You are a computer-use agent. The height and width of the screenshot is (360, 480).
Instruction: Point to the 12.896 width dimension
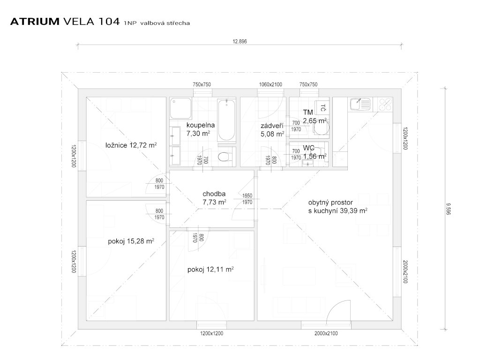(x=240, y=41)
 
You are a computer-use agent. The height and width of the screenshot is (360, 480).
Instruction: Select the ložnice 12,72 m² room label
(x=131, y=145)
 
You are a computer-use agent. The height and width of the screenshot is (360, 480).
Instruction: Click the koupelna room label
(x=200, y=125)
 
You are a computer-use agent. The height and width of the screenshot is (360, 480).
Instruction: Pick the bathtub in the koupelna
(x=227, y=120)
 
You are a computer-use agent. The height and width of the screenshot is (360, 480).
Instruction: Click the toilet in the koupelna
(x=225, y=157)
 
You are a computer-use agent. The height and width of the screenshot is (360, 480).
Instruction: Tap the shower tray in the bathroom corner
(x=181, y=108)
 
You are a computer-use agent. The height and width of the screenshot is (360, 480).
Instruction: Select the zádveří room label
(x=272, y=126)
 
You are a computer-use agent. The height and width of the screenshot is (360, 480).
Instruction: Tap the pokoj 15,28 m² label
(x=131, y=241)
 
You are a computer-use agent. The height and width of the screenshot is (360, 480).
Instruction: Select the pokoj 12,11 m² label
(x=210, y=270)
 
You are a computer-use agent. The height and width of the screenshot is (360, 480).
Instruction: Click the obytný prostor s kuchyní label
(x=337, y=207)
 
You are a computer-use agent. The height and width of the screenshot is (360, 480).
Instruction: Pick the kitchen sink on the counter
(x=360, y=104)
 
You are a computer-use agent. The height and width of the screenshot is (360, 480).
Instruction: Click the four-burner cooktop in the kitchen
(x=384, y=104)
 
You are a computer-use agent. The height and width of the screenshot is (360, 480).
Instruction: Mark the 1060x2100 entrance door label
(x=270, y=84)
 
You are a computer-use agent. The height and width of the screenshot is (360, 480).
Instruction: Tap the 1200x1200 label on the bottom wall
(x=212, y=333)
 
